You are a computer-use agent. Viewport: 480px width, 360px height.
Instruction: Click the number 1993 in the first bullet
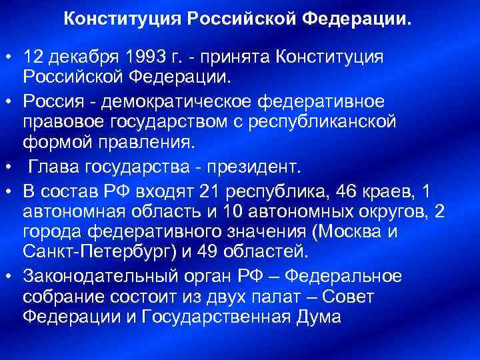pos(147,58)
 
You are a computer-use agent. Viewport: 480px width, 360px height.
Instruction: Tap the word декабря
pos(83,58)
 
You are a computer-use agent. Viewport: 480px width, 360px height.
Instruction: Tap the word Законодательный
pos(100,275)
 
